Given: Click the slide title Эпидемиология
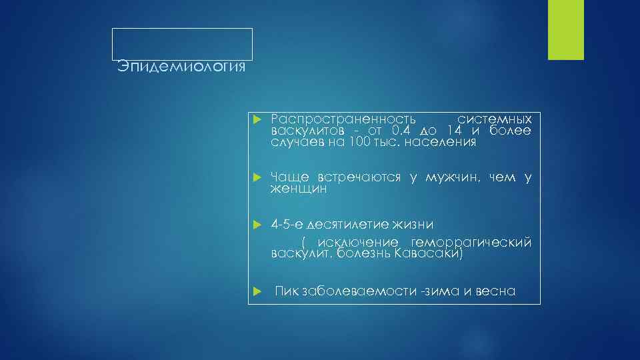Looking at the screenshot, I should tap(181, 67).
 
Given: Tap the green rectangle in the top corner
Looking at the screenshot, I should tap(565, 30).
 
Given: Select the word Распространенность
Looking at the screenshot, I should tap(343, 119).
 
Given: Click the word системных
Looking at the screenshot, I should tap(495, 119).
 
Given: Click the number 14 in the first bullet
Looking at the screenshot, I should tap(455, 130).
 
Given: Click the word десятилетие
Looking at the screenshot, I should tap(361, 224).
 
